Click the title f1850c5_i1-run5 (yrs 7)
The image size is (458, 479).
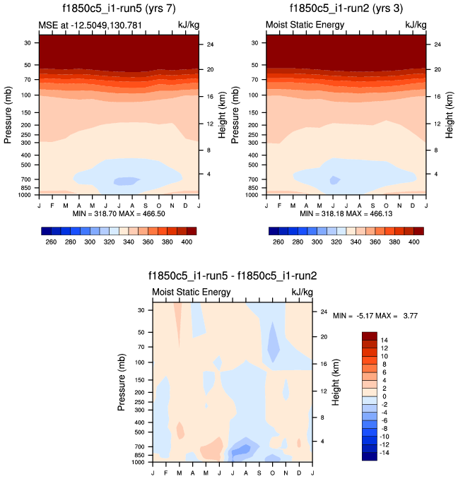coord(118,10)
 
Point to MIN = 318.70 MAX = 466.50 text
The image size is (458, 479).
coord(117,213)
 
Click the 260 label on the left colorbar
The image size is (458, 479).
coord(49,242)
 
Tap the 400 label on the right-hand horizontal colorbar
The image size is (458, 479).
coord(414,242)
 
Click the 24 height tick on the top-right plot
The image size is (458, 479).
coord(438,45)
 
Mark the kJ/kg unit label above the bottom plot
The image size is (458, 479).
coord(302,292)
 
